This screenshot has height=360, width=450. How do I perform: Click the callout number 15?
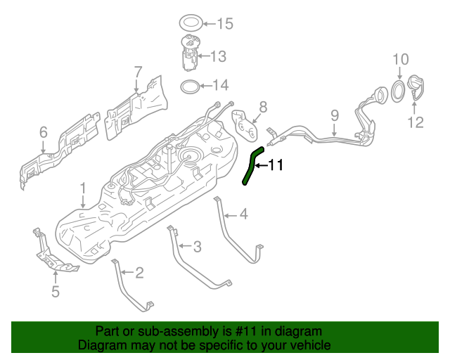click(224, 25)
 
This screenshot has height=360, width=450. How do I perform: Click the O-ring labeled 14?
click(189, 86)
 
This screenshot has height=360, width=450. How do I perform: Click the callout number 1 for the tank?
click(82, 188)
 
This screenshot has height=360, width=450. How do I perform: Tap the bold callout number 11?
click(274, 166)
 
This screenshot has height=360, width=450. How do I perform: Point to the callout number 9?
click(335, 114)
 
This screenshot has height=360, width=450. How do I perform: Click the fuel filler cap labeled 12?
click(418, 89)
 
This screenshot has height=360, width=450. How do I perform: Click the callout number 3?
click(197, 246)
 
